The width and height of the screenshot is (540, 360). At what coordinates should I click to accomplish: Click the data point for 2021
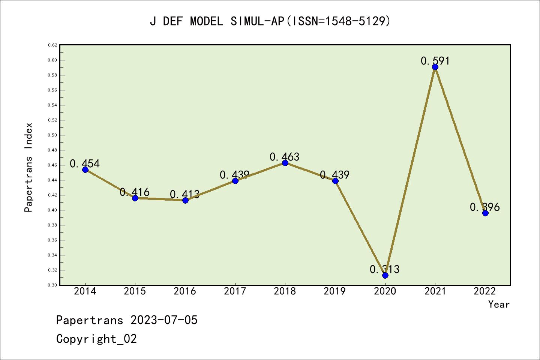point(435,67)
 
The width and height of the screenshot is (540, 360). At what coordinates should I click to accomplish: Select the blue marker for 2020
point(385,275)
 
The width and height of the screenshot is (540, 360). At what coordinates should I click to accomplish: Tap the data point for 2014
point(85,169)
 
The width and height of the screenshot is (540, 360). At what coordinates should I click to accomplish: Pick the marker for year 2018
point(285,163)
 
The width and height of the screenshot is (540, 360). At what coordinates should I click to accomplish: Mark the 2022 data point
point(485,213)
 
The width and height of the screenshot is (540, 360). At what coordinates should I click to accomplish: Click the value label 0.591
point(435,61)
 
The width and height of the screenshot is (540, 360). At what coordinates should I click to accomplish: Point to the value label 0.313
point(385,269)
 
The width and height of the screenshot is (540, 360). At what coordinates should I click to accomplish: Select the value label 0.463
point(285,157)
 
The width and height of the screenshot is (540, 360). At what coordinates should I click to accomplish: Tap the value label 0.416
point(135,192)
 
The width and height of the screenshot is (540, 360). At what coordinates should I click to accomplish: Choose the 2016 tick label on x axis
point(185,291)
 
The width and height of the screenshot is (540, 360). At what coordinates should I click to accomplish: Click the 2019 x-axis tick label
point(335,291)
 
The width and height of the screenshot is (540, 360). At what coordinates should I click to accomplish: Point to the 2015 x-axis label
point(135,291)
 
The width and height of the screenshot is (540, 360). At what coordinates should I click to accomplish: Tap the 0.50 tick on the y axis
point(52,135)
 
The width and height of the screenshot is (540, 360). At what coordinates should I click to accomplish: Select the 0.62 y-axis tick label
point(52,45)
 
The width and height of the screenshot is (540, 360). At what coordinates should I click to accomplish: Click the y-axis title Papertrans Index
point(28,167)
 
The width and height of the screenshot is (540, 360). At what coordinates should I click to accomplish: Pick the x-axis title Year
point(499,304)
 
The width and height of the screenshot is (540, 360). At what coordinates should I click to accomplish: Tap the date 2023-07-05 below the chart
point(164,320)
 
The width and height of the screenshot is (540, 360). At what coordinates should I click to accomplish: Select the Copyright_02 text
point(96,339)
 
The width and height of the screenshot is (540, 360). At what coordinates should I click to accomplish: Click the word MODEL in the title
point(207,21)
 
